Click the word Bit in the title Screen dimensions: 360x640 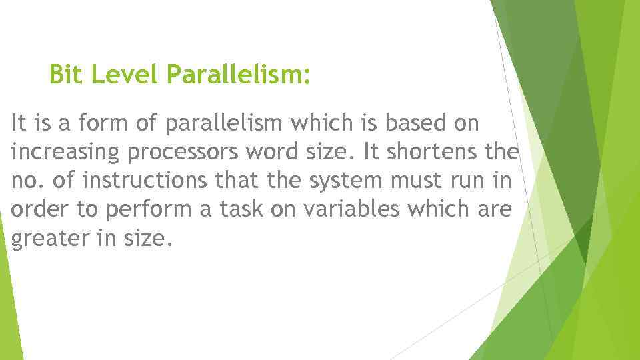tap(67, 75)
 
